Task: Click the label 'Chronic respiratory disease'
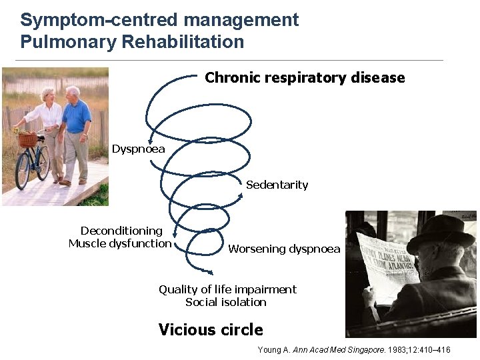coord(305,78)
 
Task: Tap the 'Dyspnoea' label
coord(138,149)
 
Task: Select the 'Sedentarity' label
coord(277,185)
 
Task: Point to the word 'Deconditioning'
coord(121,231)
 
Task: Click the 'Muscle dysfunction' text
coord(120,243)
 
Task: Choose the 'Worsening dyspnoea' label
coord(284,249)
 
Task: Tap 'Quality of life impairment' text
coord(227,289)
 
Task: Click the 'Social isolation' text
coord(225,302)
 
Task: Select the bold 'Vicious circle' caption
coord(211,330)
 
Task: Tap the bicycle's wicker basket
coord(27,140)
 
